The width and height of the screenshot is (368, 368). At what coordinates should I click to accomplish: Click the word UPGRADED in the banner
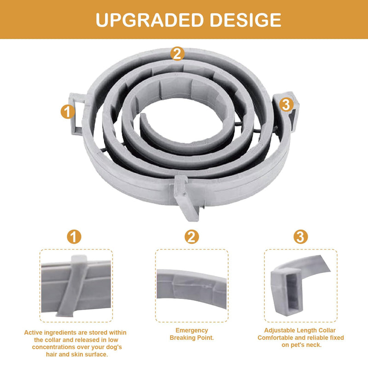149,20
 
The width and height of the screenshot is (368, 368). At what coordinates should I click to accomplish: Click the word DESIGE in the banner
246,20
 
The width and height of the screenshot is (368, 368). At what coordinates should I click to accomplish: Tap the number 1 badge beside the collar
68,111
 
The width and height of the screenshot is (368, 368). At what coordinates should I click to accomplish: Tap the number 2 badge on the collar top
177,53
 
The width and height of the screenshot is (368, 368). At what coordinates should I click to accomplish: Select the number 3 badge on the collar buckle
286,104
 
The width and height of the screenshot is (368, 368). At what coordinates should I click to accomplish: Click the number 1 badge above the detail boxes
74,236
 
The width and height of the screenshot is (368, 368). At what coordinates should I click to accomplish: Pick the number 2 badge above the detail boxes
191,236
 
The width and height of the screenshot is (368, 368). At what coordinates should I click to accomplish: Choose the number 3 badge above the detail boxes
301,236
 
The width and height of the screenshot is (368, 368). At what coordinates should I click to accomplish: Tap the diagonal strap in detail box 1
72,286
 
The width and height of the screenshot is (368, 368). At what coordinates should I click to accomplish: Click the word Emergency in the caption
192,330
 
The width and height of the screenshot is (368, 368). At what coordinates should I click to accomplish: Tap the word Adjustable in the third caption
277,330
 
